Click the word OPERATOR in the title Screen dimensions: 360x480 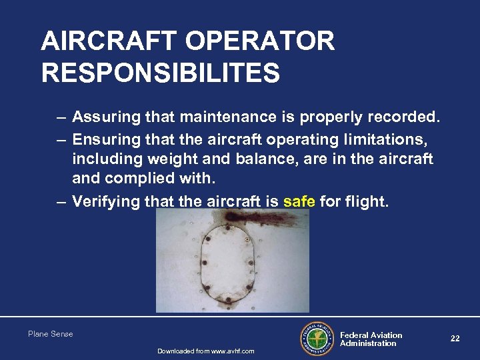click(x=260, y=41)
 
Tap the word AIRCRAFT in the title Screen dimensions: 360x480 click(x=111, y=41)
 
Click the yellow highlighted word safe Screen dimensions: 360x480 click(x=299, y=201)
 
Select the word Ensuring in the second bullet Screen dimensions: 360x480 click(x=105, y=139)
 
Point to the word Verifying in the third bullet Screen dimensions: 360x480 click(x=107, y=201)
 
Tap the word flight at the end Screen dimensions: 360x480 click(x=365, y=201)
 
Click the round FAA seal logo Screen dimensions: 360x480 click(x=317, y=339)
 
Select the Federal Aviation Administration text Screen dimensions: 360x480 click(x=371, y=339)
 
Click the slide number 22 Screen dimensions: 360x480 click(x=455, y=339)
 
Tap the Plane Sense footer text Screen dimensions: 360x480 click(x=51, y=334)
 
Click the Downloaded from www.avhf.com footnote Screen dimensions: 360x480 click(x=205, y=351)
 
